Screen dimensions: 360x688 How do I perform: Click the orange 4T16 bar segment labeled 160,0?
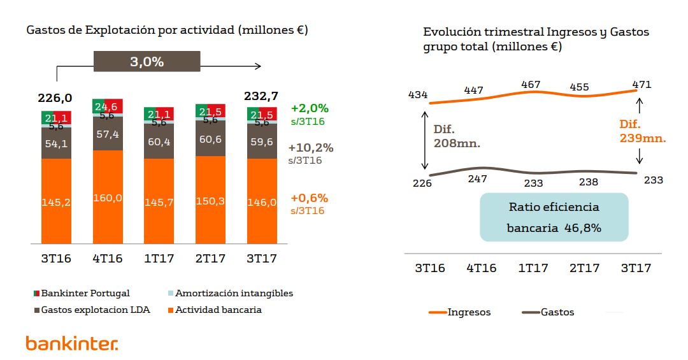pyautogui.click(x=108, y=198)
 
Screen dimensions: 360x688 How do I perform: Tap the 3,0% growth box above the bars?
pyautogui.click(x=147, y=62)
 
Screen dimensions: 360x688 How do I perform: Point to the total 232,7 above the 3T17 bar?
pyautogui.click(x=261, y=96)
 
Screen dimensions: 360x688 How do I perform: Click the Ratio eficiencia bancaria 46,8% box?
pyautogui.click(x=554, y=217)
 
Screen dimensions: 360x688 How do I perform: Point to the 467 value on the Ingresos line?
pyautogui.click(x=531, y=85)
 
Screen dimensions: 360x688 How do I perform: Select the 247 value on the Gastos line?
pyautogui.click(x=477, y=180)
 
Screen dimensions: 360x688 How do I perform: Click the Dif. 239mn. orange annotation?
pyautogui.click(x=642, y=131)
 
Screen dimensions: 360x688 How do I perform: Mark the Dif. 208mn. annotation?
pyautogui.click(x=457, y=136)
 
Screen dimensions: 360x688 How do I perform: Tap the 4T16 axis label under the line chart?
pyautogui.click(x=481, y=268)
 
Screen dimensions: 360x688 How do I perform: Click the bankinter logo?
pyautogui.click(x=72, y=343)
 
